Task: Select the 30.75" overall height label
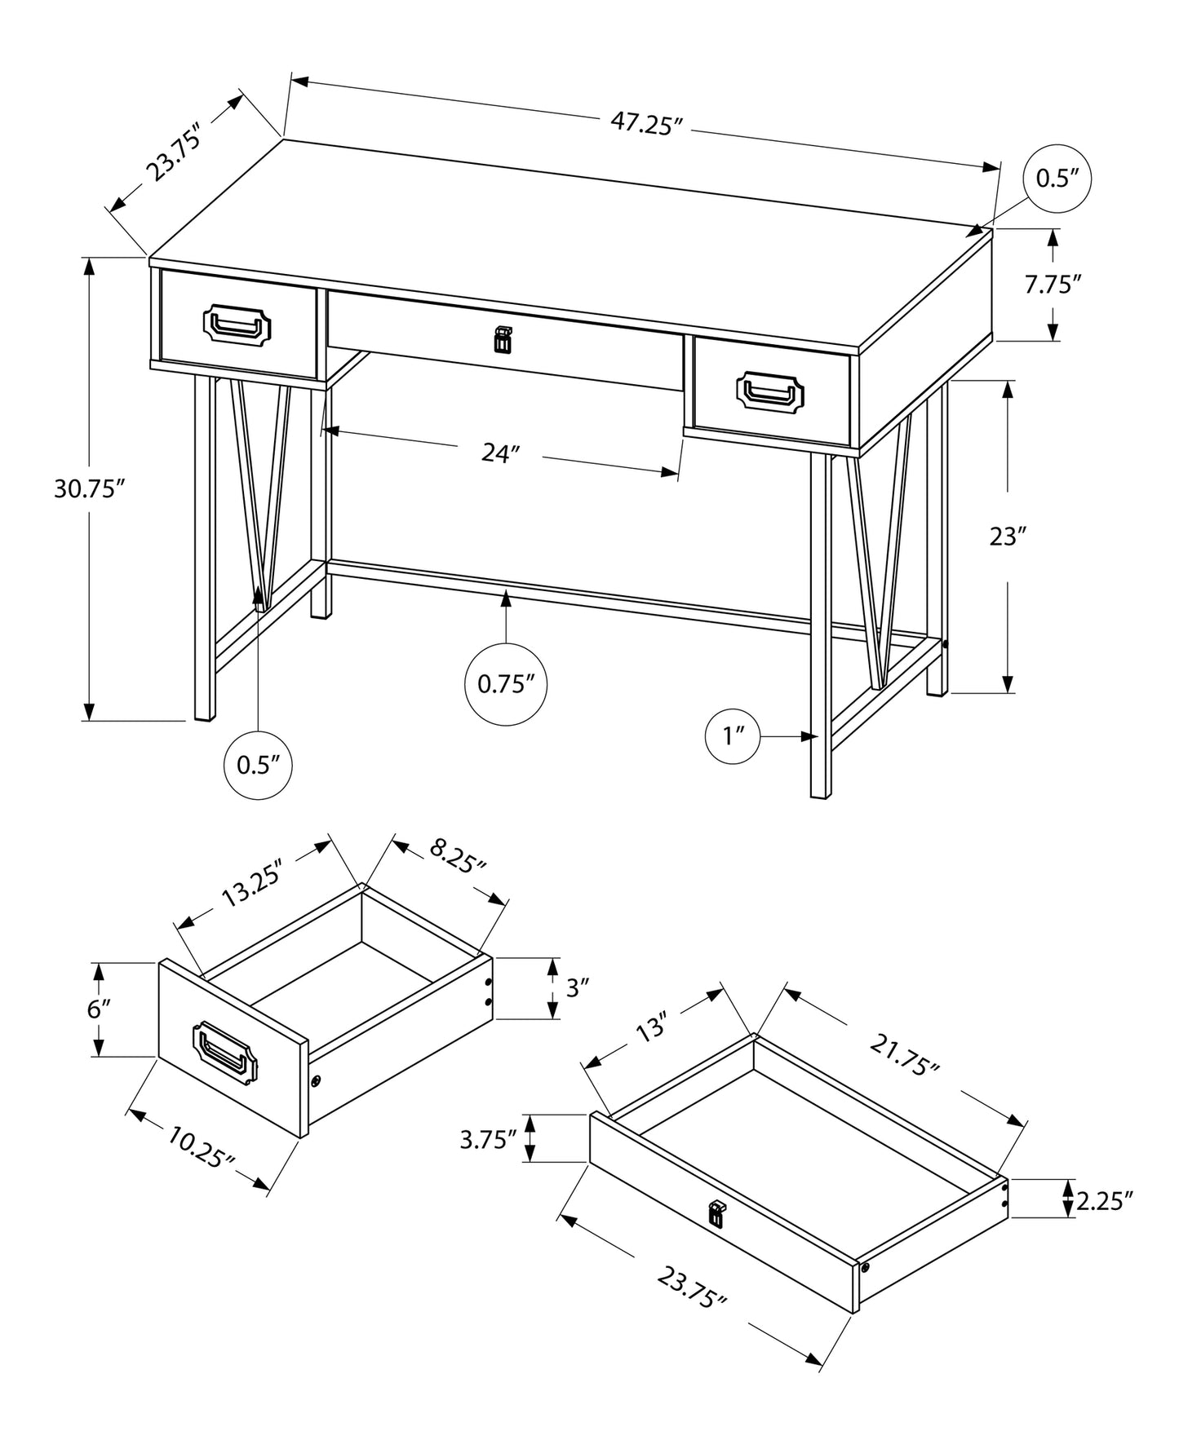89,488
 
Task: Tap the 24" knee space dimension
500,454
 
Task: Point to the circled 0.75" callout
506,684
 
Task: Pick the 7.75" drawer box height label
1053,285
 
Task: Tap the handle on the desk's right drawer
770,391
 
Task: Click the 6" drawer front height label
98,1009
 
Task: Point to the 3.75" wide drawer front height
489,1139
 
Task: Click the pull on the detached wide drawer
716,1213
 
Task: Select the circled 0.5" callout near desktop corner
1057,179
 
